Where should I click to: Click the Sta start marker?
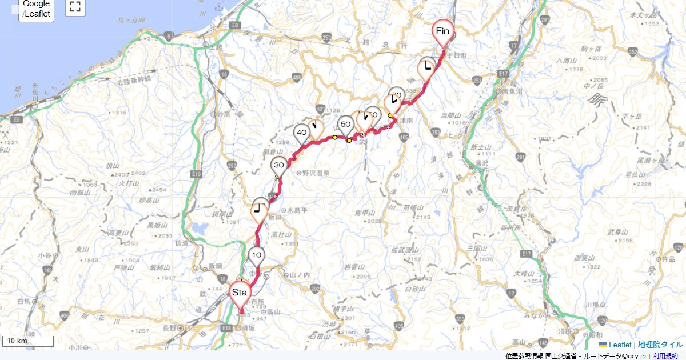tap(239, 293)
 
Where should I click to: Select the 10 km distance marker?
tap(257, 255)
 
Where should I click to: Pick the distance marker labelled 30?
tap(279, 165)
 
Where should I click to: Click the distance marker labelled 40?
tap(302, 133)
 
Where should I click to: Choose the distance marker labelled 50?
tap(345, 124)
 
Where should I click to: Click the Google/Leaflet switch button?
tap(37, 9)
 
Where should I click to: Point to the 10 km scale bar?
tap(29, 342)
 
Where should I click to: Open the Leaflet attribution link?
tap(620, 345)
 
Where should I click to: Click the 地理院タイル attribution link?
tap(660, 345)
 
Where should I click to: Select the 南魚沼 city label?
tap(508, 91)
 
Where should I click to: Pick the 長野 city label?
tap(170, 328)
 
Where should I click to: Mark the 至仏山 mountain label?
tap(635, 175)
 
